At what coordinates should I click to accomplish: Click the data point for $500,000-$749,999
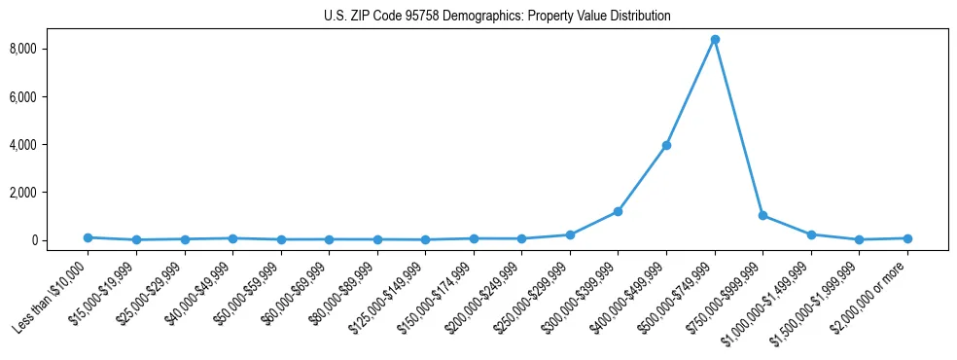pos(715,40)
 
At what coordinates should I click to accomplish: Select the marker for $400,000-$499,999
pos(666,146)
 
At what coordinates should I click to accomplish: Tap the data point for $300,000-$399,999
pos(618,211)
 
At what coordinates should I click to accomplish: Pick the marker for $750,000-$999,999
pos(763,215)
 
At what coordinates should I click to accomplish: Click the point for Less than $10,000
pos(88,237)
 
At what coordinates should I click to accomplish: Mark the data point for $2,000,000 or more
pos(907,238)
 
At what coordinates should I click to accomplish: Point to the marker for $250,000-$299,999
pos(570,234)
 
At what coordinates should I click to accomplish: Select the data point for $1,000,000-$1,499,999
pos(811,234)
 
